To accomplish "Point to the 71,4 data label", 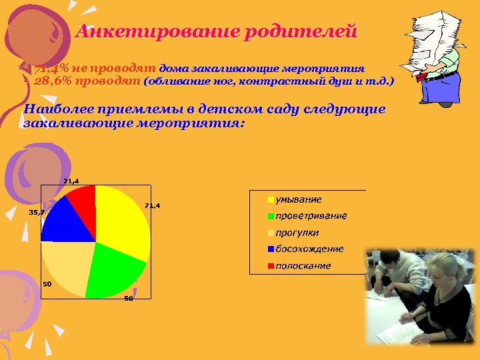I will click(153, 205).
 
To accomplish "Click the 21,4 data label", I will click(71, 181).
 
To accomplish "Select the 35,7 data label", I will click(36, 212).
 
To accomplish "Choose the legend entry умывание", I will click(298, 199).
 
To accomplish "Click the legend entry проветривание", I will click(311, 216).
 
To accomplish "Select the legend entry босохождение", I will click(309, 249).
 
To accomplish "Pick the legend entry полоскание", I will click(303, 265).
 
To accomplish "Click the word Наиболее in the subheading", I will click(61, 109).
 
